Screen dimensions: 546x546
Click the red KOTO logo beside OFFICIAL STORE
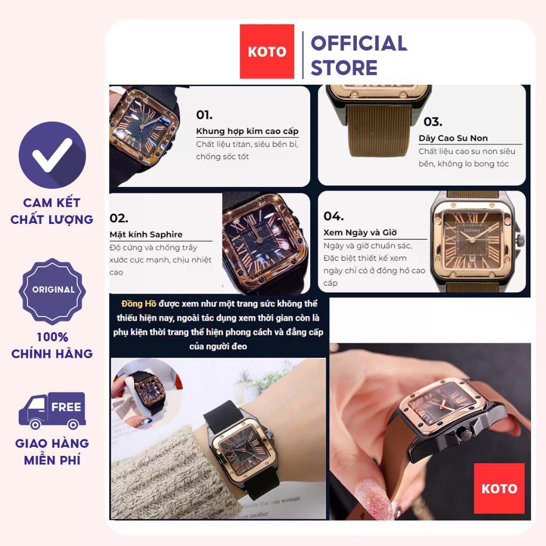(267, 52)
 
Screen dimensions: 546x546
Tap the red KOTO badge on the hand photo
(499, 488)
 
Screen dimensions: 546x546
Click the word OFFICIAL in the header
(359, 43)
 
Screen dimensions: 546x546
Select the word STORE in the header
(344, 68)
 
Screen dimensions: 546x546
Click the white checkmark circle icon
(52, 155)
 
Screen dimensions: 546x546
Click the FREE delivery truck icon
(52, 411)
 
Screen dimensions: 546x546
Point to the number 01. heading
(204, 115)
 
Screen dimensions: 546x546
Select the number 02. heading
(119, 218)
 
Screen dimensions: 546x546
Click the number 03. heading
(433, 122)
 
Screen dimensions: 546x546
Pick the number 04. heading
(333, 216)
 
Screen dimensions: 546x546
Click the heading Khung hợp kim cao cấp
(247, 131)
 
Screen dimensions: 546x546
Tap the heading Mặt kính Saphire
(146, 235)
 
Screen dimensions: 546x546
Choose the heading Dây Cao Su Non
(453, 138)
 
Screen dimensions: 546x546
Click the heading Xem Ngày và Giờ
(360, 232)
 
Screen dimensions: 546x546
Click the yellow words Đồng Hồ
(139, 303)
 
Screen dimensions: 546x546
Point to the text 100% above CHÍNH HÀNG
(52, 337)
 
